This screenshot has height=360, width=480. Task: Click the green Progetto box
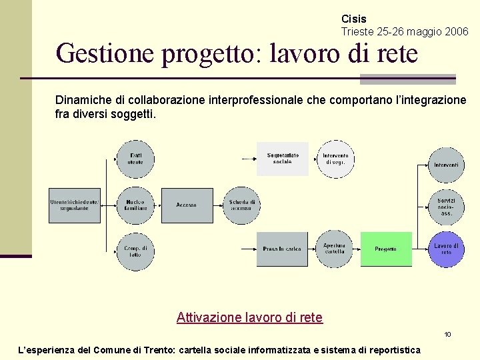coord(386,249)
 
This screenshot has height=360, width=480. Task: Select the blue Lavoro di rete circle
coord(446,249)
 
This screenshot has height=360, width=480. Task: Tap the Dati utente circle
coord(135,159)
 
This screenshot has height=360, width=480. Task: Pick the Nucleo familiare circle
coord(135,205)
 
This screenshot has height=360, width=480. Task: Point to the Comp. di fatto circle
coord(135,251)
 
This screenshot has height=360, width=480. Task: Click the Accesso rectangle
coord(187,205)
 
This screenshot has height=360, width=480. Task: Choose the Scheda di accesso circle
coord(241,205)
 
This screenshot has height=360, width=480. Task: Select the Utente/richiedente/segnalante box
coord(74,205)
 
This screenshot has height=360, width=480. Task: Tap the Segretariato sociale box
coord(283,159)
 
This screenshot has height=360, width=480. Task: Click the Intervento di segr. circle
coord(335,159)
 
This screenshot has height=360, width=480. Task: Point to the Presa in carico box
coord(283,249)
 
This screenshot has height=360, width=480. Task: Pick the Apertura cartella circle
coord(335,249)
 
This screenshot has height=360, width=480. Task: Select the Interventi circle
coord(446,165)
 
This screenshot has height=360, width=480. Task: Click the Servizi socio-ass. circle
coord(446,207)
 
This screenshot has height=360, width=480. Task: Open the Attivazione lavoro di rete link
coord(249,317)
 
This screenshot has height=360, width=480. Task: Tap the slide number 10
coord(448,334)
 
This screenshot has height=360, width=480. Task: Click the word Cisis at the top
coord(353,19)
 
